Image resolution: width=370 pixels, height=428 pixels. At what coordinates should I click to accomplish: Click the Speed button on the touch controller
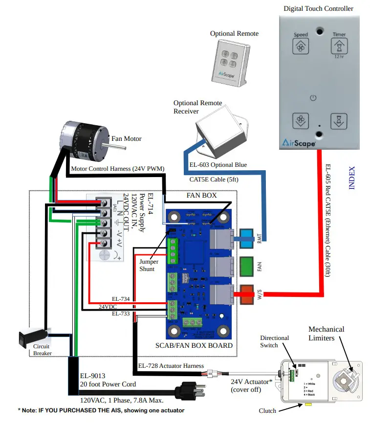click(301, 46)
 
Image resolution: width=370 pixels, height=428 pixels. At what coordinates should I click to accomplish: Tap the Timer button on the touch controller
click(339, 46)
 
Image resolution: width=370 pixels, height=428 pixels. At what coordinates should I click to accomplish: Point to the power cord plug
click(190, 392)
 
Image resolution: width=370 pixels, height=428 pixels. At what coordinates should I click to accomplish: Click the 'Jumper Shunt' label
click(147, 266)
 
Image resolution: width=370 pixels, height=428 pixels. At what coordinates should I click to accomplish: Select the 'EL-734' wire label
click(121, 298)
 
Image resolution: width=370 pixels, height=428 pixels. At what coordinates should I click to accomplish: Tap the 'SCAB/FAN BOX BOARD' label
click(194, 345)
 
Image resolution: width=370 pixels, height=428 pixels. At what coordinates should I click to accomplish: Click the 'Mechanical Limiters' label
click(326, 333)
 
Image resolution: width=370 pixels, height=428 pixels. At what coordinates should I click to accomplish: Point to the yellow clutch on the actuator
click(308, 405)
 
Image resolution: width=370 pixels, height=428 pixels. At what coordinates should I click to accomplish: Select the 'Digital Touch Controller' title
click(319, 8)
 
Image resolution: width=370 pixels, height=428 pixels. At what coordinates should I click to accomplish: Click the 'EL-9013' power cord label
click(92, 376)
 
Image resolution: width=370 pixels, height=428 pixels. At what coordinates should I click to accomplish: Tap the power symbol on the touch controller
click(313, 98)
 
